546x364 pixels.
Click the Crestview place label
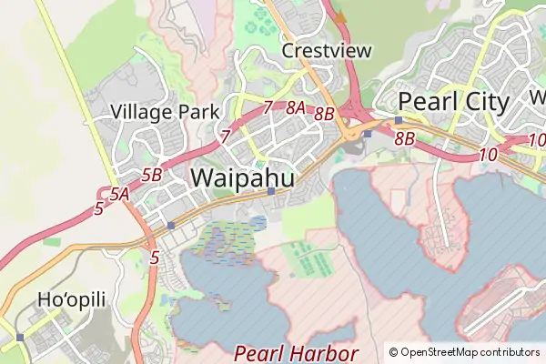(327, 50)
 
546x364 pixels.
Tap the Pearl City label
(453, 101)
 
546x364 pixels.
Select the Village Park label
(165, 112)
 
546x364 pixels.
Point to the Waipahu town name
(243, 178)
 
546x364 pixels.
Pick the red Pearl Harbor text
(296, 353)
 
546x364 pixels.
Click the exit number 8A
(296, 108)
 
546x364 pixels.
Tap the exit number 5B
(151, 174)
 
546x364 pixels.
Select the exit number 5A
(118, 193)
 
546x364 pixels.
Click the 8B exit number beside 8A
(324, 114)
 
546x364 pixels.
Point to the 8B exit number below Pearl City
(405, 138)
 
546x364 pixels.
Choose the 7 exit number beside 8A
(268, 107)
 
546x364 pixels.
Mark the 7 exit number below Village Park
(225, 136)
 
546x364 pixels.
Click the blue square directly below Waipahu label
(271, 191)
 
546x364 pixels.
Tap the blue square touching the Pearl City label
(399, 119)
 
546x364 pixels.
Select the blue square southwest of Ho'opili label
(20, 337)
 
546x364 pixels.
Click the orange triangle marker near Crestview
(341, 15)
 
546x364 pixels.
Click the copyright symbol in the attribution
(393, 352)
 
